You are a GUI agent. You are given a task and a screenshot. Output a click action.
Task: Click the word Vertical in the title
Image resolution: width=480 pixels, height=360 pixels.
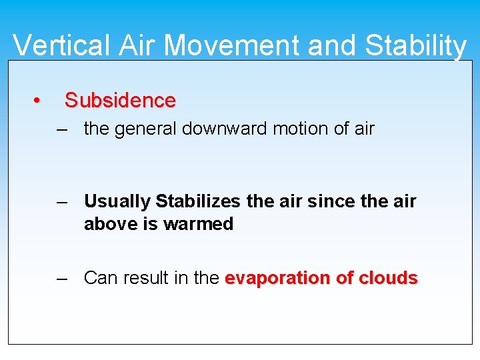(54, 45)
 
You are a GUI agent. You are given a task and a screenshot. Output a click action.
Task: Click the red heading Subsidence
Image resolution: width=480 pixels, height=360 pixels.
(120, 101)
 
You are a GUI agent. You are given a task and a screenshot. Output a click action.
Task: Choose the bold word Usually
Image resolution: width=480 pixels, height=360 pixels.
(117, 201)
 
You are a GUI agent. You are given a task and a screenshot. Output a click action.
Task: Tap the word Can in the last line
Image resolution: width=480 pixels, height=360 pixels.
(99, 278)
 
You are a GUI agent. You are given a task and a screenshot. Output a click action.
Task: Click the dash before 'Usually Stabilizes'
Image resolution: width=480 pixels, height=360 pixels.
(63, 201)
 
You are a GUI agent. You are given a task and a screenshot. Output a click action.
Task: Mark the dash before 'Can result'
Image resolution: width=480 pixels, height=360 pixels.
(63, 278)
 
